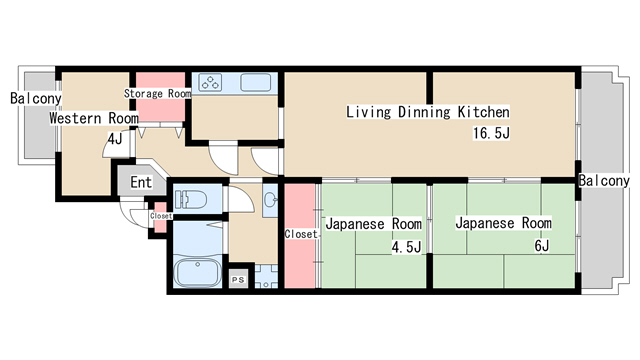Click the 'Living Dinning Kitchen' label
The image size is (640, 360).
pos(428,112)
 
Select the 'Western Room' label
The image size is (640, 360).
pos(94,118)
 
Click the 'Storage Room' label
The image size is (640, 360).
pos(157,94)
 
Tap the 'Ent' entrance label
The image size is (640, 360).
pos(141,182)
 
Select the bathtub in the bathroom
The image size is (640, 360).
pos(196,272)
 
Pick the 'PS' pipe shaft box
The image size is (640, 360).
pos(238,280)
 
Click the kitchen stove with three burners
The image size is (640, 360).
pos(212,84)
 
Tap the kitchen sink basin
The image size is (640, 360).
pos(254,84)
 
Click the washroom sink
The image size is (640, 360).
pos(270,201)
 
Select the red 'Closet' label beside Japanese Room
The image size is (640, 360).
pos(300,234)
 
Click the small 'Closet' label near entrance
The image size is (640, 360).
pos(160,216)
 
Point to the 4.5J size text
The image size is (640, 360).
pos(406,246)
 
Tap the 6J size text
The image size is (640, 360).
pos(541,245)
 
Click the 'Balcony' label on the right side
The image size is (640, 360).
pos(604,181)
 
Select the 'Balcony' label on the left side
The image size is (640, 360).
pos(36,99)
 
